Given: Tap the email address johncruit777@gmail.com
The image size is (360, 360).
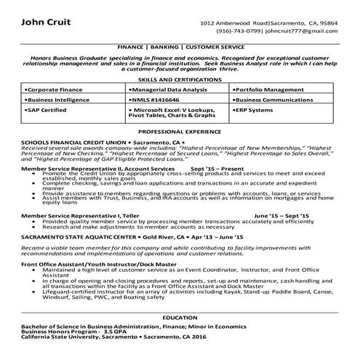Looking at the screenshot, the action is point(300,32).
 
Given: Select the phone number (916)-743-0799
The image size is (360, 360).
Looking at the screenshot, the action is point(238,32).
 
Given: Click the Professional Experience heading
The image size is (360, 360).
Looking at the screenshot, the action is point(180,132).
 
